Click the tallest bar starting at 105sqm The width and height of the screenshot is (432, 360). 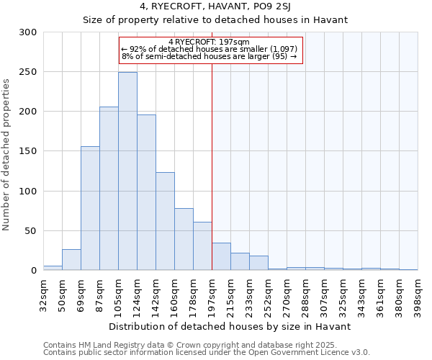pos(127,171)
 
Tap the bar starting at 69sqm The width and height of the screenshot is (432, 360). pos(90,208)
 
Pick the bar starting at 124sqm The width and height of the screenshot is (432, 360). pos(146,192)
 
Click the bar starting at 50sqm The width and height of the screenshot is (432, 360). pos(71,260)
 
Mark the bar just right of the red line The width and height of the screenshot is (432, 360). pos(221,257)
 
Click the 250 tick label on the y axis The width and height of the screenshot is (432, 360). pos(28,72)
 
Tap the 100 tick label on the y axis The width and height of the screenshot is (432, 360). pos(28,192)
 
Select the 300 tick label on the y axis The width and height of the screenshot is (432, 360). pos(28,32)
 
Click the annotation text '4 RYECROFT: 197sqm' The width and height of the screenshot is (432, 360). pos(209,42)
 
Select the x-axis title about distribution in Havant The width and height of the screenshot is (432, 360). pos(230,326)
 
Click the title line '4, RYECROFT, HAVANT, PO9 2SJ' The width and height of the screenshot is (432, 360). pos(215,8)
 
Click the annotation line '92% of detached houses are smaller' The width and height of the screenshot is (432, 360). pos(210,49)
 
